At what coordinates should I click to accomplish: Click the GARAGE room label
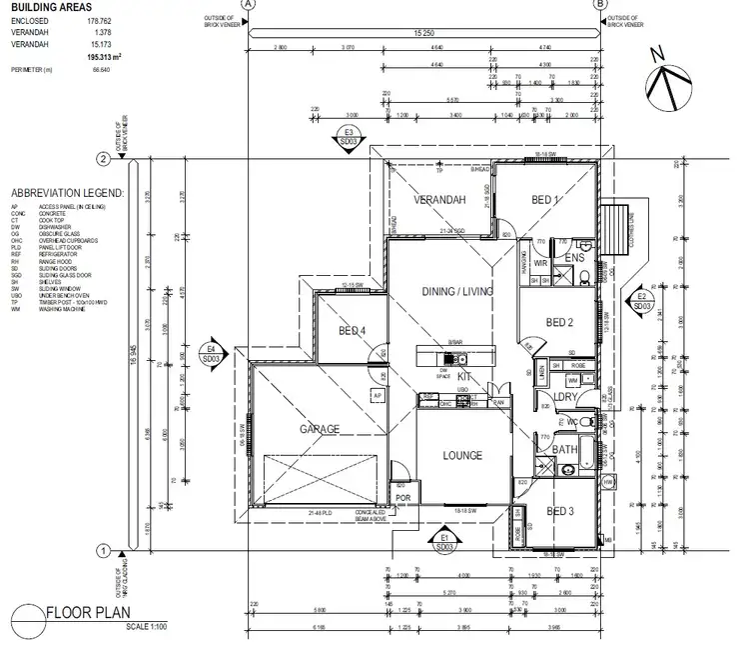click(322, 429)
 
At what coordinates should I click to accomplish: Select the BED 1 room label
click(545, 200)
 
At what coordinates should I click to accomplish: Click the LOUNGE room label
click(461, 455)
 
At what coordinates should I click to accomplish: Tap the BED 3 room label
click(559, 511)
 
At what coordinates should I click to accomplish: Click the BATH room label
click(565, 450)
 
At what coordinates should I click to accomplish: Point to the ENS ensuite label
click(573, 259)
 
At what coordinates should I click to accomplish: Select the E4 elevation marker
click(211, 352)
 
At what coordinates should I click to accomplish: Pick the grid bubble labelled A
click(249, 5)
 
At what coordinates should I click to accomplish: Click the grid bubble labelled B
click(600, 5)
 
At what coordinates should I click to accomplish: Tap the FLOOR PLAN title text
click(91, 614)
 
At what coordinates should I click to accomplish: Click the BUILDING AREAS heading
click(49, 7)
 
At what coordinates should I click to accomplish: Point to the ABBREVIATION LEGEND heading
click(66, 192)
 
